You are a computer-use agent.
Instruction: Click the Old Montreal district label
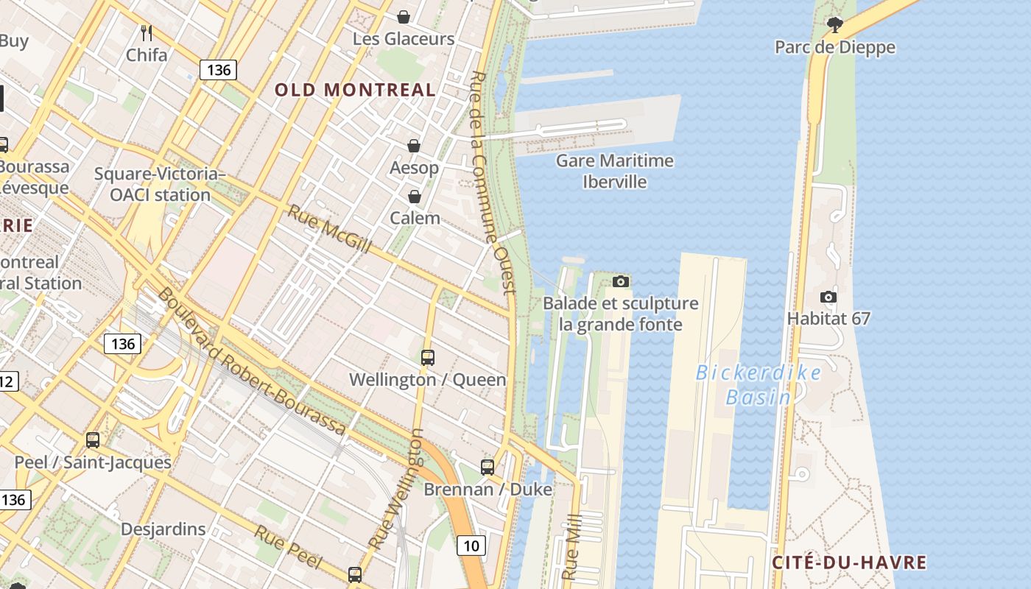(355, 90)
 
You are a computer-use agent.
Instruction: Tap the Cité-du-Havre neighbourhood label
(849, 562)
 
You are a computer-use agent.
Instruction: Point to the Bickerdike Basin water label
(759, 384)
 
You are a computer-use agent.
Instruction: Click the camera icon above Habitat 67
(828, 297)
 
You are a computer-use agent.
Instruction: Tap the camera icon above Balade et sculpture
(621, 281)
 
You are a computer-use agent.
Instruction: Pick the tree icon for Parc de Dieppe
(834, 25)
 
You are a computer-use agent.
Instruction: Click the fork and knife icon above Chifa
(147, 32)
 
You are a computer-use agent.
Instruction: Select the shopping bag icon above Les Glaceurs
(404, 16)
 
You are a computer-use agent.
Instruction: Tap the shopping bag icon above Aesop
(414, 146)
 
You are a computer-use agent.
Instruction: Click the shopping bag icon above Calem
(415, 197)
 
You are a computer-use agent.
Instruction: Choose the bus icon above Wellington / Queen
(428, 358)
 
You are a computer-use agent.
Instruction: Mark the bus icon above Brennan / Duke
(488, 467)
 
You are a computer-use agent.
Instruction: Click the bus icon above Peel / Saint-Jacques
(93, 440)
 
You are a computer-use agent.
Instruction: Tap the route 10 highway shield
(471, 546)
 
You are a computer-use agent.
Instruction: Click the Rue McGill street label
(328, 228)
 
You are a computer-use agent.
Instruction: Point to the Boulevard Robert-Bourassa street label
(251, 360)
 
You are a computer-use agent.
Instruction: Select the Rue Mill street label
(571, 553)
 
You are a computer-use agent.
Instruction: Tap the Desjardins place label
(163, 529)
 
